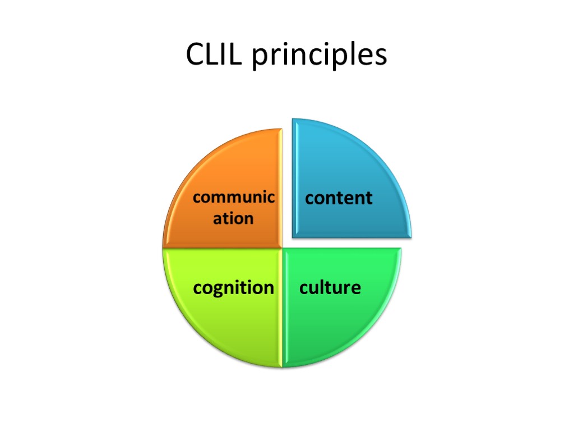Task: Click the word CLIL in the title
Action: (x=215, y=55)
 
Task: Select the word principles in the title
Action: (x=320, y=56)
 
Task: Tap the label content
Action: (x=339, y=198)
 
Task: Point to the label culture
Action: (x=330, y=288)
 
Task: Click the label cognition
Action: (x=234, y=288)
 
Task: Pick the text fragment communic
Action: (x=234, y=198)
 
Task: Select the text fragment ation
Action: (x=233, y=218)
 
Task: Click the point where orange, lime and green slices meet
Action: (x=280, y=248)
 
